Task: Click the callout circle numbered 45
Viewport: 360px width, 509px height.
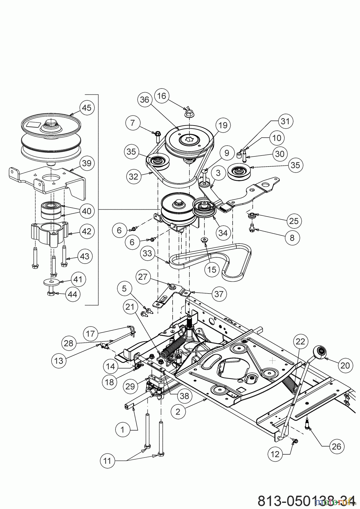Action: coord(87,108)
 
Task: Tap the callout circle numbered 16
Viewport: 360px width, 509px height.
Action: coord(161,96)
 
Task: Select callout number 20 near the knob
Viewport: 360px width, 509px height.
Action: coord(345,366)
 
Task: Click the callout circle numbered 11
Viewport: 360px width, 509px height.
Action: coord(107,461)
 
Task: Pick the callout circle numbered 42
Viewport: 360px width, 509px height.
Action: coord(87,231)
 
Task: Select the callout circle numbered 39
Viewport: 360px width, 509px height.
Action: coord(87,163)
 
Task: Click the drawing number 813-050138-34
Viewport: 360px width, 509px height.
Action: coord(306,501)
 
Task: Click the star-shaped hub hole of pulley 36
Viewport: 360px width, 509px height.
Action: coord(188,139)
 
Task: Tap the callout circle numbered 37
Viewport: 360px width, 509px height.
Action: coord(218,294)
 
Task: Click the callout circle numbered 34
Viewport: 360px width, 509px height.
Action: coord(223,233)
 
